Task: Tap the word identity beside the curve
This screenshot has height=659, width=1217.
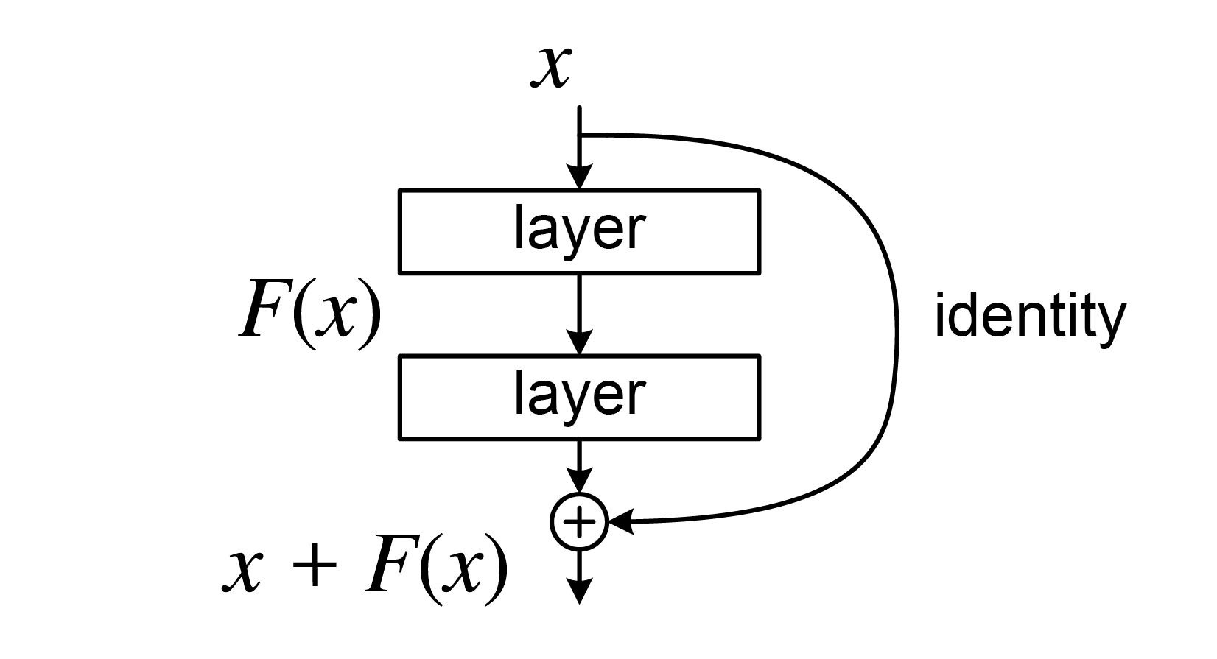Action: (x=1030, y=319)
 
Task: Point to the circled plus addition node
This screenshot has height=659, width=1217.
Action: (x=579, y=522)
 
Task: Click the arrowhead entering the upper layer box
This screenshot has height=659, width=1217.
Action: (x=580, y=177)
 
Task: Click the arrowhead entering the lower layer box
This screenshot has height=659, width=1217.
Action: (x=580, y=342)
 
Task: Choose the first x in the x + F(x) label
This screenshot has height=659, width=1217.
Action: (x=242, y=574)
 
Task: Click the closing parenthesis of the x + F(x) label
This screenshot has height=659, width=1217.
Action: (x=497, y=571)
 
